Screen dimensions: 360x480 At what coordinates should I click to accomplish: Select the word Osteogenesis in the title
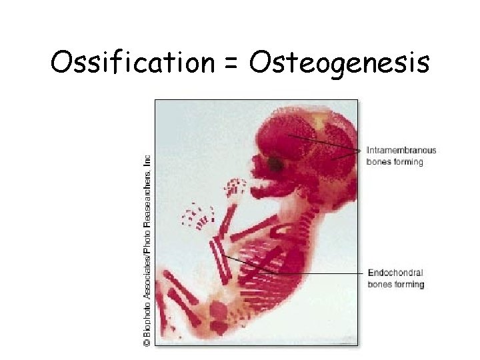point(339,64)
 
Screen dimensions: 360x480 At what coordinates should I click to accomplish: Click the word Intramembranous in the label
point(401,150)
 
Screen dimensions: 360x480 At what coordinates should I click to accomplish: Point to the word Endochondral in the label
point(395,273)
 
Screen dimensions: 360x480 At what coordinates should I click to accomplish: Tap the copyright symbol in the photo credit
point(147,341)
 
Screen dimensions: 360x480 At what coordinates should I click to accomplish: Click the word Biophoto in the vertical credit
point(147,319)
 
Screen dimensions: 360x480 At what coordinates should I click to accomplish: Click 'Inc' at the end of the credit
point(147,161)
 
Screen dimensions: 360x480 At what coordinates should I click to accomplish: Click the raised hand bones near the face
point(235,189)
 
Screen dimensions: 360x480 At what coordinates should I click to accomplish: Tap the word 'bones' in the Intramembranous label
point(377,162)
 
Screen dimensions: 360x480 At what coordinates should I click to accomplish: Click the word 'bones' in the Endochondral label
point(378,285)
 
